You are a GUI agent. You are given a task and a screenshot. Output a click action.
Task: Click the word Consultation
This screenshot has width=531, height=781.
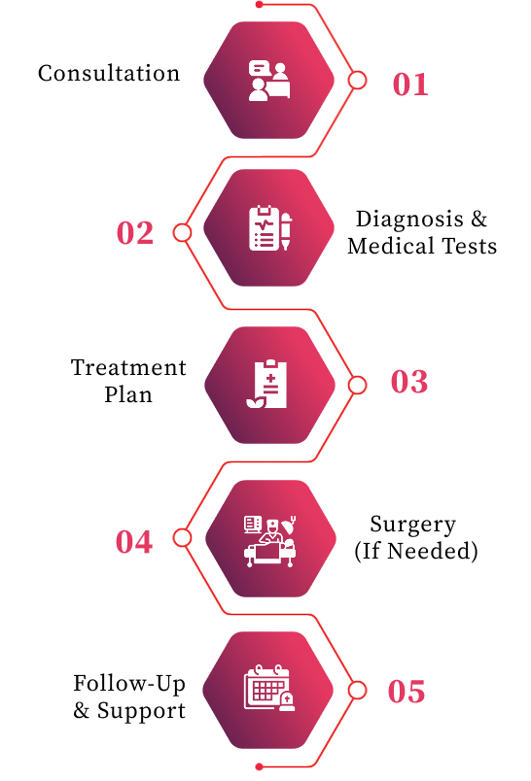pos(109,73)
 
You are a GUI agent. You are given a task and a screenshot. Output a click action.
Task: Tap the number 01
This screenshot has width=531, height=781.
pos(410,85)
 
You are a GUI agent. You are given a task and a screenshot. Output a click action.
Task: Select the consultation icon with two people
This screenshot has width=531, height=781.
pos(269,81)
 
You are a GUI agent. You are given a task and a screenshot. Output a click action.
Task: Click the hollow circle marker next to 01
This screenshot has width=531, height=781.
pos(358,81)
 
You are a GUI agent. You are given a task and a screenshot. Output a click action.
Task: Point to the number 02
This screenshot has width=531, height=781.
pos(134,232)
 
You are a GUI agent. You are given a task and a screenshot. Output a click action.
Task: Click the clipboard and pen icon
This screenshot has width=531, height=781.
pos(270,228)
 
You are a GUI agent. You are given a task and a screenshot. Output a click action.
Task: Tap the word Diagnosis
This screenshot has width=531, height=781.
pos(409,220)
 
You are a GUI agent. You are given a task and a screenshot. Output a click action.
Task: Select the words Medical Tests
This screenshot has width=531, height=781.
pos(422,246)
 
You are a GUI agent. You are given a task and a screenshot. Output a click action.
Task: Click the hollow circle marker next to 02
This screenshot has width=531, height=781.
pos(183,232)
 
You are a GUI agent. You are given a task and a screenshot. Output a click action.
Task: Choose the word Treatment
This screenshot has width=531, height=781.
pos(128,367)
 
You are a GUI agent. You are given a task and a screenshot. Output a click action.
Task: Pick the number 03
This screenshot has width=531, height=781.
pos(408,382)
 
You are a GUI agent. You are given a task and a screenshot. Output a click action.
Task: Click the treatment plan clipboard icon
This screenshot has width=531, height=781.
pos(267,385)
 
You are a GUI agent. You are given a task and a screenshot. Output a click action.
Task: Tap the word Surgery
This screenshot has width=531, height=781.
pos(412,525)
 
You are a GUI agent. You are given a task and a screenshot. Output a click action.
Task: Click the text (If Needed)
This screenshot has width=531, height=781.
pos(416,551)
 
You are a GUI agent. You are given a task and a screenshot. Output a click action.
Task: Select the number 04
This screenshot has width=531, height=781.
pos(134,542)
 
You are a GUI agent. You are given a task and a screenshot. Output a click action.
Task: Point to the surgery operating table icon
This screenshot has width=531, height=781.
pos(270,541)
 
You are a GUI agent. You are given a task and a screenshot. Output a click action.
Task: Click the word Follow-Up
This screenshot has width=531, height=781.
pos(129,684)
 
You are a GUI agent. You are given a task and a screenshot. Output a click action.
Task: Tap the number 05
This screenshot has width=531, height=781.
pos(407,692)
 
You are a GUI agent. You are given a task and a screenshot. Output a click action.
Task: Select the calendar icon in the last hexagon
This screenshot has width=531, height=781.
pos(269,688)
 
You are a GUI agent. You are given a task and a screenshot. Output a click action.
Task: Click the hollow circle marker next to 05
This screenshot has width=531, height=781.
pos(357,691)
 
